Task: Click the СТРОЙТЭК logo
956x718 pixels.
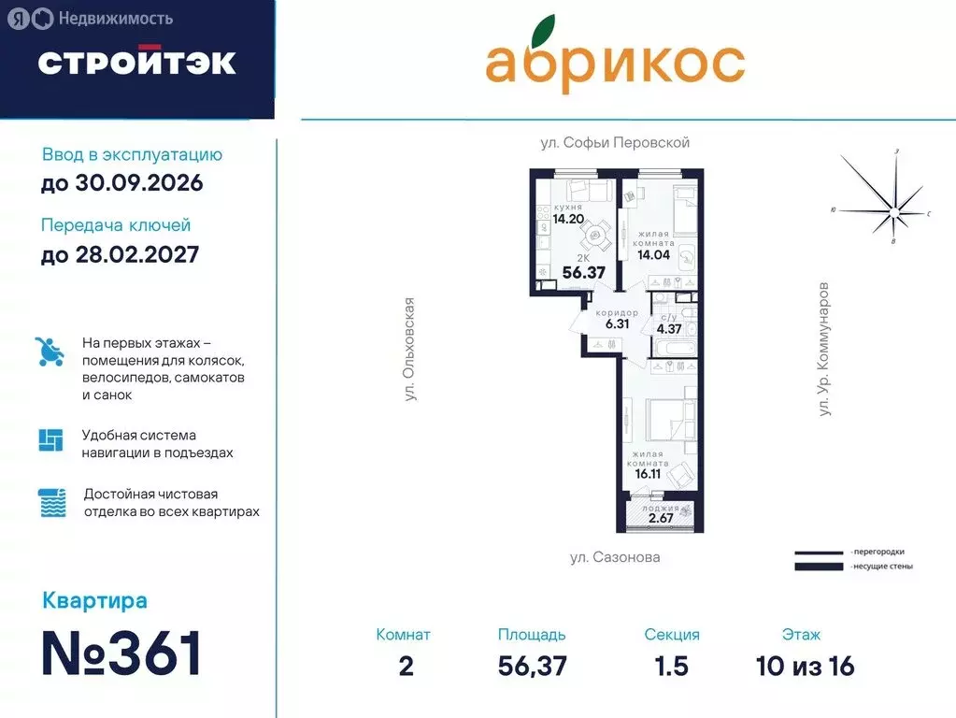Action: click(x=136, y=62)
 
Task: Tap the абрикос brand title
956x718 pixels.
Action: click(x=614, y=61)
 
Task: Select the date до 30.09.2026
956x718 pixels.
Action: click(x=121, y=183)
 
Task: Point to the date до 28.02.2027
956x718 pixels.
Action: click(x=120, y=253)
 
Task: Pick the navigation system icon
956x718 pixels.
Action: click(x=50, y=439)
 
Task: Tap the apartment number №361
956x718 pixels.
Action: click(x=122, y=653)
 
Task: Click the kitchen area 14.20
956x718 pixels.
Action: click(x=567, y=220)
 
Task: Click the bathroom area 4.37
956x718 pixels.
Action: click(x=668, y=328)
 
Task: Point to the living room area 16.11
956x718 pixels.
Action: click(x=649, y=474)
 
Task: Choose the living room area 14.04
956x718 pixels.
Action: click(x=655, y=252)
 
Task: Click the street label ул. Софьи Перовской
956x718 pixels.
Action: click(x=615, y=143)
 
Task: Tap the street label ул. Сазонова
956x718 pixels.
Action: click(x=615, y=557)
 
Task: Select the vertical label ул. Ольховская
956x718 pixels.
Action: click(x=408, y=350)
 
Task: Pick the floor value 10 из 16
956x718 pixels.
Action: click(x=805, y=666)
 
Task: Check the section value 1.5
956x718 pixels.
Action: click(x=671, y=666)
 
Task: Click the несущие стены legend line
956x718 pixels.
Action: click(x=820, y=566)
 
